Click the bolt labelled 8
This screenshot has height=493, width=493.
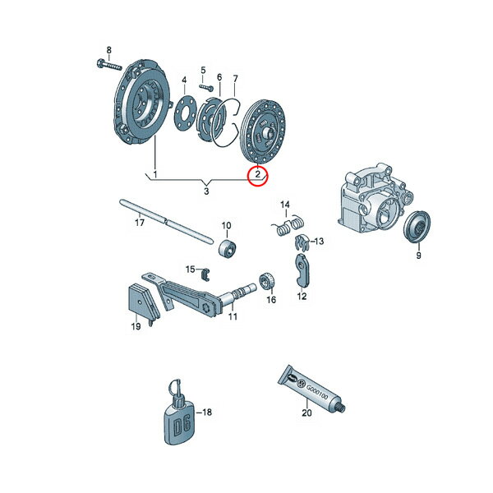tap(108, 64)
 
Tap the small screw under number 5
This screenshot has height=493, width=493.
tap(206, 87)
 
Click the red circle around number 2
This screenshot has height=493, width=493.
tap(257, 177)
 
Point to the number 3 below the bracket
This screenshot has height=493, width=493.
tap(206, 191)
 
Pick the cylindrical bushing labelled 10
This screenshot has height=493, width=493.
tap(228, 248)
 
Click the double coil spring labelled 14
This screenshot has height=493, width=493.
tap(288, 225)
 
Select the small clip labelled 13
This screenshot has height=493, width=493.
tap(302, 242)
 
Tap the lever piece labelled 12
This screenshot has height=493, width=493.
tap(303, 270)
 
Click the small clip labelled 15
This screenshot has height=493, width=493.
tap(205, 274)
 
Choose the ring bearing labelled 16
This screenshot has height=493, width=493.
tap(266, 280)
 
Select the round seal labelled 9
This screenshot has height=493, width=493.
tap(417, 227)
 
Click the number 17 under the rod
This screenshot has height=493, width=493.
tap(140, 223)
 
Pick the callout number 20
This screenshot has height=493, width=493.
tap(306, 412)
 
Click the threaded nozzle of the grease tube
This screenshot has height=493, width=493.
tap(341, 408)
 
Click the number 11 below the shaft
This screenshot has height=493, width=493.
tap(233, 316)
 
